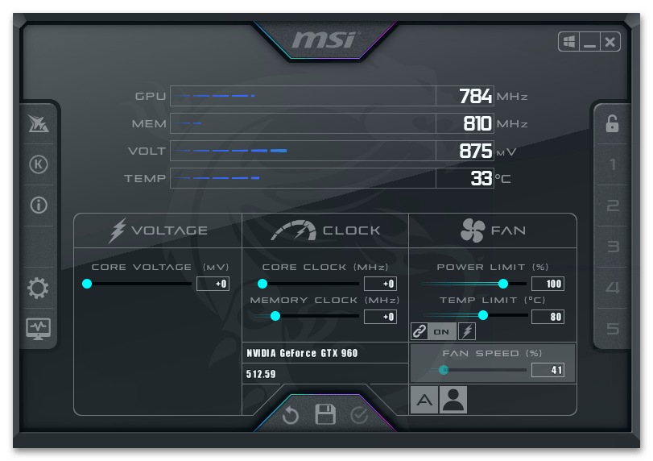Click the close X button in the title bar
[610, 42]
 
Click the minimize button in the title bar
[590, 42]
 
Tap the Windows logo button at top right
[569, 42]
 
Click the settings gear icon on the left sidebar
[38, 289]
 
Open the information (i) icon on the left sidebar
[38, 205]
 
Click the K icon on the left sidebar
[38, 164]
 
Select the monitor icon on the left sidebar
[38, 328]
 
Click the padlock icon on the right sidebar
[612, 123]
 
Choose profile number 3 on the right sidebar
[613, 247]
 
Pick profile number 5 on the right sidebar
[613, 329]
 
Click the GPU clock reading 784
[475, 97]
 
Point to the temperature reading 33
[481, 178]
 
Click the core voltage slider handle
[87, 284]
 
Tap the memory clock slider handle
[275, 316]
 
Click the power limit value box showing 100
[547, 284]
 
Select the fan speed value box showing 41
[547, 371]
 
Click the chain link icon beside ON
[419, 331]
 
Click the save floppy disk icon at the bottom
[325, 415]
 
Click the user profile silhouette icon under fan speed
[453, 400]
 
